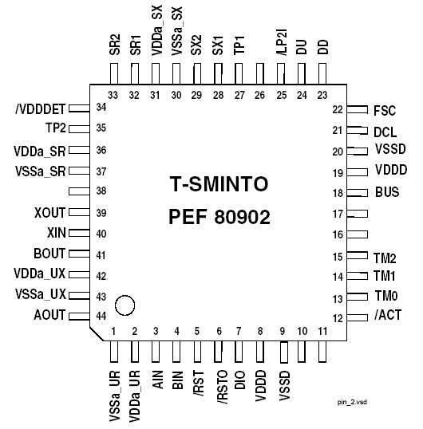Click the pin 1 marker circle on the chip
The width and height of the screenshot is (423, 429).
[125, 305]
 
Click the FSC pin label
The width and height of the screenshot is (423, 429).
[385, 110]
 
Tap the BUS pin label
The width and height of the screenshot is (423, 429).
[387, 193]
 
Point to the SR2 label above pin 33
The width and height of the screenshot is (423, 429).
[113, 44]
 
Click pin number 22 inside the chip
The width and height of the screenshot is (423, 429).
[337, 109]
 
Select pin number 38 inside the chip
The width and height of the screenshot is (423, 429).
[101, 191]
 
